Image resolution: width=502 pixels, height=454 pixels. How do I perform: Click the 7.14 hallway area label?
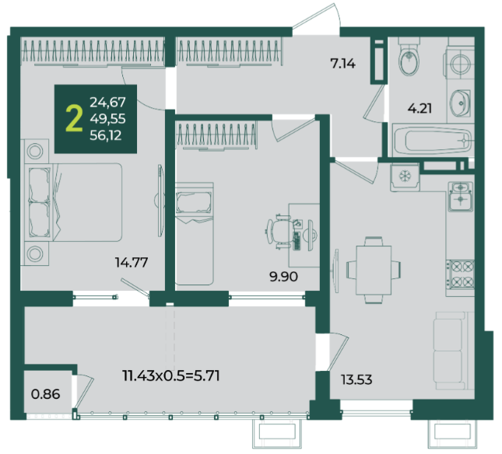343,64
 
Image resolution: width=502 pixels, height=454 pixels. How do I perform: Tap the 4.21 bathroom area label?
420,108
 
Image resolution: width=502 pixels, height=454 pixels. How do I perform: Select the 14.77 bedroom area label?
132,263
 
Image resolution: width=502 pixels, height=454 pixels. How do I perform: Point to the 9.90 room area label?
283,277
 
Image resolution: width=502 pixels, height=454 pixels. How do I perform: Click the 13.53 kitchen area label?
356,380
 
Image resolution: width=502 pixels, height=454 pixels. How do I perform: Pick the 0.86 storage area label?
45,394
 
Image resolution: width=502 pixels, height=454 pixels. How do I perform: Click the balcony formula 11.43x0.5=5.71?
171,375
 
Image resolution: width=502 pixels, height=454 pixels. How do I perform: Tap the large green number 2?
74,119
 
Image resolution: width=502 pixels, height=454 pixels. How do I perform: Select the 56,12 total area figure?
106,135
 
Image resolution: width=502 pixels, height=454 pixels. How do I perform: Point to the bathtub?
433,140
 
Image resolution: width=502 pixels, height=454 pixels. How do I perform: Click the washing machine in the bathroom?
459,63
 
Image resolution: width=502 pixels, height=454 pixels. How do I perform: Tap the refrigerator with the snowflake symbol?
405,177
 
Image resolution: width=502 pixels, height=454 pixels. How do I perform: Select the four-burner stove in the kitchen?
460,274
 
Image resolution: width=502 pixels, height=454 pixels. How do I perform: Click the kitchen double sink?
461,196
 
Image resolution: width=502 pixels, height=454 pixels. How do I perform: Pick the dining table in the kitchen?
374,271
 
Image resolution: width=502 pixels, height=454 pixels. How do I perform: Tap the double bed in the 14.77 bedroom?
71,202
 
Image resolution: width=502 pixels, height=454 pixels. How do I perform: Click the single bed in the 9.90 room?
194,233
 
